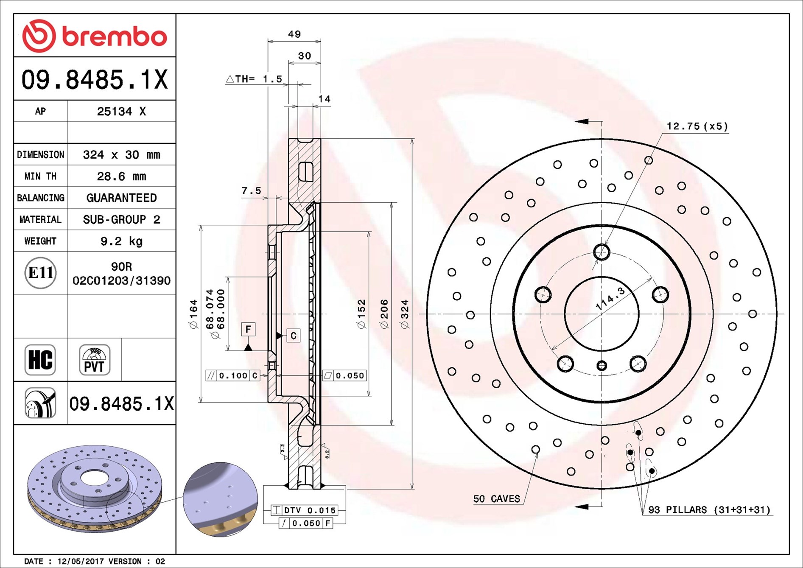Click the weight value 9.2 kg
121,241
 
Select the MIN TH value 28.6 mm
121,176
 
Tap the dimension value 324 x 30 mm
121,154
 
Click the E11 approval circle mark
40,273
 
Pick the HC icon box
40,360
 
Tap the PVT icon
95,360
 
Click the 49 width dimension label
294,34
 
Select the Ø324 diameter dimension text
405,314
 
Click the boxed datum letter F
248,329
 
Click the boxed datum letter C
294,336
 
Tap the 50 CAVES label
496,499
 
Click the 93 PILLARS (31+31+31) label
709,509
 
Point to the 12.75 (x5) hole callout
697,126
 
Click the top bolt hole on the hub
602,252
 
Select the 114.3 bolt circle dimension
610,298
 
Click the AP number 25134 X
121,111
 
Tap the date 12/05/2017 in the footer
80,561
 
